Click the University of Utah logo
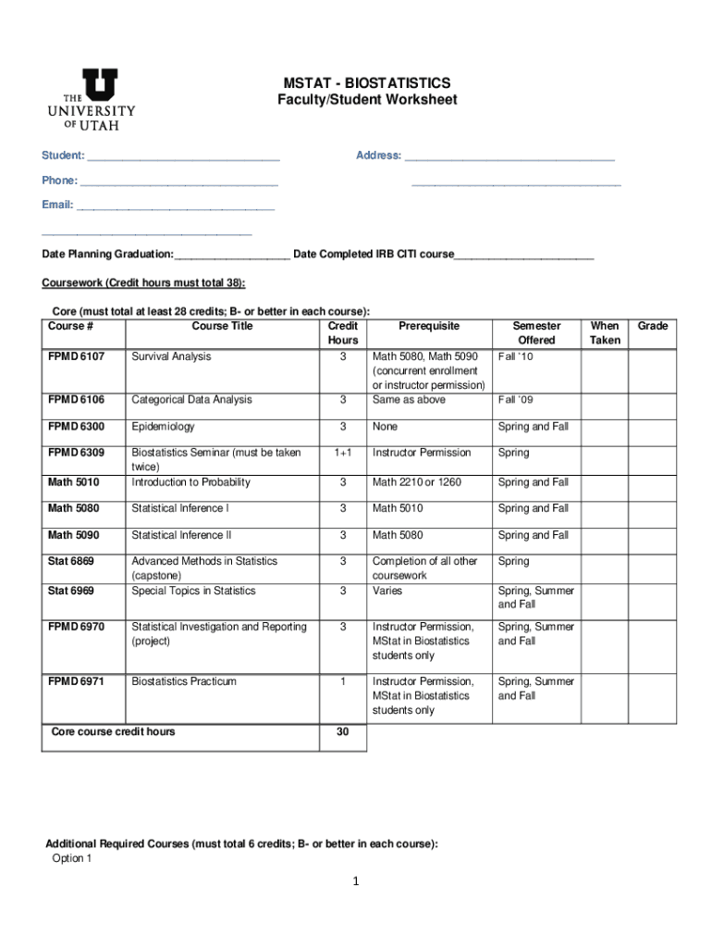(92, 99)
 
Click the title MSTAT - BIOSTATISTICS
(367, 83)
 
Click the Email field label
(57, 205)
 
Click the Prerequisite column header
(428, 326)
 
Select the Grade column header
(652, 326)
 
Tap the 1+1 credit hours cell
(342, 453)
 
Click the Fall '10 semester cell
(516, 356)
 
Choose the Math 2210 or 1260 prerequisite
(416, 482)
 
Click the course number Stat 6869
(71, 561)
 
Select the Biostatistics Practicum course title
(184, 681)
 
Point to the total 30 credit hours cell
(342, 732)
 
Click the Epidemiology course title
(163, 427)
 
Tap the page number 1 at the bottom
(356, 881)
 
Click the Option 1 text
(72, 858)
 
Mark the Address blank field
(509, 156)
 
